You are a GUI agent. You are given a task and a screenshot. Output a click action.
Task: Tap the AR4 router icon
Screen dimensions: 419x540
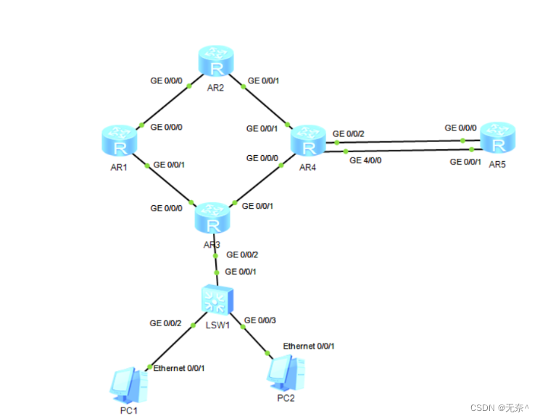click(x=309, y=141)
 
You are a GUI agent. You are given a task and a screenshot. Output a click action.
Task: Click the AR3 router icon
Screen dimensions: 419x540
click(x=213, y=216)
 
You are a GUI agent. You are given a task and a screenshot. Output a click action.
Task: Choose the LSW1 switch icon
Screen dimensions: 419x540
click(x=217, y=299)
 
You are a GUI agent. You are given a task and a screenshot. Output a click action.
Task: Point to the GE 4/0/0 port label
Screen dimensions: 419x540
click(x=365, y=160)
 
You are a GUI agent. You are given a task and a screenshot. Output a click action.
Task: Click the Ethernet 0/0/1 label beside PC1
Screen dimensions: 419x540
click(x=179, y=368)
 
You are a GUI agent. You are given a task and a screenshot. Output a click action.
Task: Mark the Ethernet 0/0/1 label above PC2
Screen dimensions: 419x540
click(x=309, y=347)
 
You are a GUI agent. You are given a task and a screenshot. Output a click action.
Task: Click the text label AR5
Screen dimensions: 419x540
click(x=499, y=165)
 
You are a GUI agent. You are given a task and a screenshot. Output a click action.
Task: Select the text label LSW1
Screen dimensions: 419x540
click(x=217, y=324)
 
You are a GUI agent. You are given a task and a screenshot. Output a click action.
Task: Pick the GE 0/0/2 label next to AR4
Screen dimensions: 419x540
click(x=349, y=134)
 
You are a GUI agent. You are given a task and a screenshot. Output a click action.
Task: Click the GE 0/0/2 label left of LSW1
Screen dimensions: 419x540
click(x=166, y=323)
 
